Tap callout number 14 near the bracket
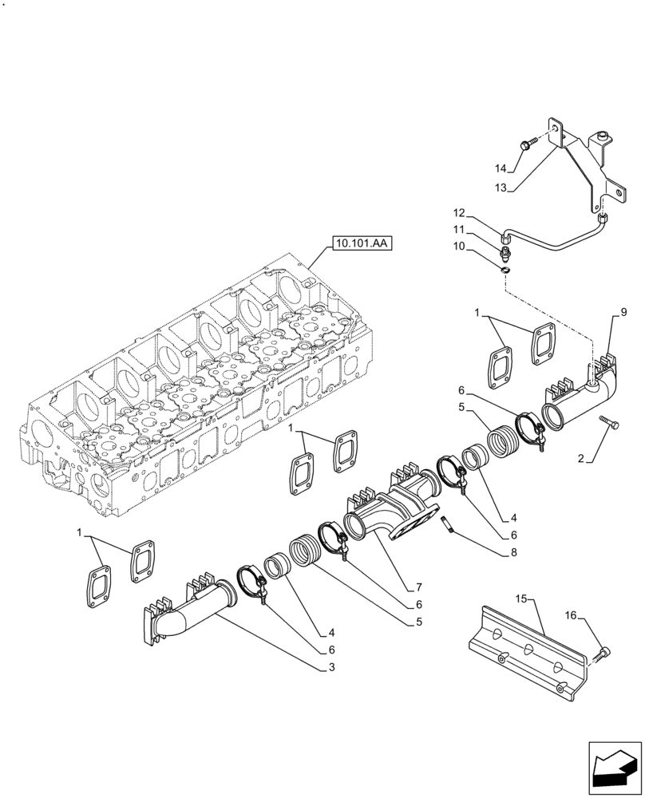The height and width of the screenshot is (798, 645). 501,168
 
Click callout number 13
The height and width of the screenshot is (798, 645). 501,188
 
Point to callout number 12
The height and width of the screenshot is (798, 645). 459,213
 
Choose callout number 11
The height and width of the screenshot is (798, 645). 459,229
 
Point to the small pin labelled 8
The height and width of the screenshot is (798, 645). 448,523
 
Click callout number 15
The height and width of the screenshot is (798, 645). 521,598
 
